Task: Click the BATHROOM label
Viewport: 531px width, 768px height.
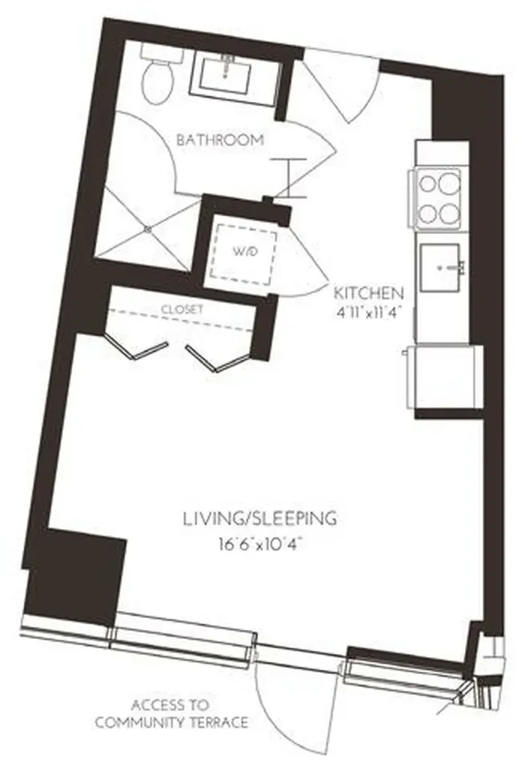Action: [220, 140]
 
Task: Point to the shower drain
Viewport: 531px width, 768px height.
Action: [148, 228]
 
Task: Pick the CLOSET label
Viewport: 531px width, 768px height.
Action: [181, 310]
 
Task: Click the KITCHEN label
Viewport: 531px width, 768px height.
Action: [368, 293]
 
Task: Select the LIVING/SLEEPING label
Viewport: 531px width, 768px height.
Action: [260, 518]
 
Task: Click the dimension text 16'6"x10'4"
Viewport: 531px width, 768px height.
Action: [260, 544]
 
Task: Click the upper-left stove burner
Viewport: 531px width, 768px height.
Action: [427, 184]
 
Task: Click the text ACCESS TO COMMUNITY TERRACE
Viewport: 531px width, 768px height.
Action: [171, 714]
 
